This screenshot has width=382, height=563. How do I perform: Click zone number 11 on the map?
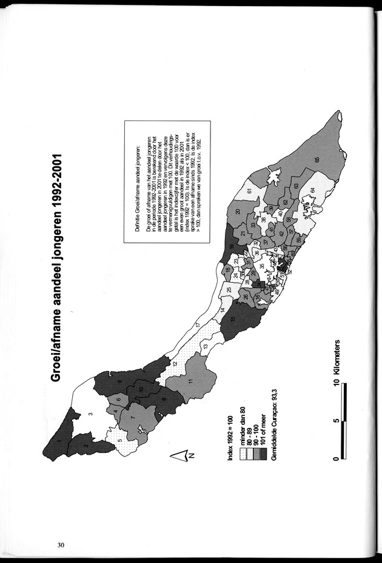point(190,381)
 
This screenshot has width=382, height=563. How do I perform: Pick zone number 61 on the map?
point(250,193)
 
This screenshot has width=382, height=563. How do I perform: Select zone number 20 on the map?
point(238,211)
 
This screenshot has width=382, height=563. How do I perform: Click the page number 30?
point(61,544)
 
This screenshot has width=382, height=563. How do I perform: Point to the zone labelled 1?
point(59,441)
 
